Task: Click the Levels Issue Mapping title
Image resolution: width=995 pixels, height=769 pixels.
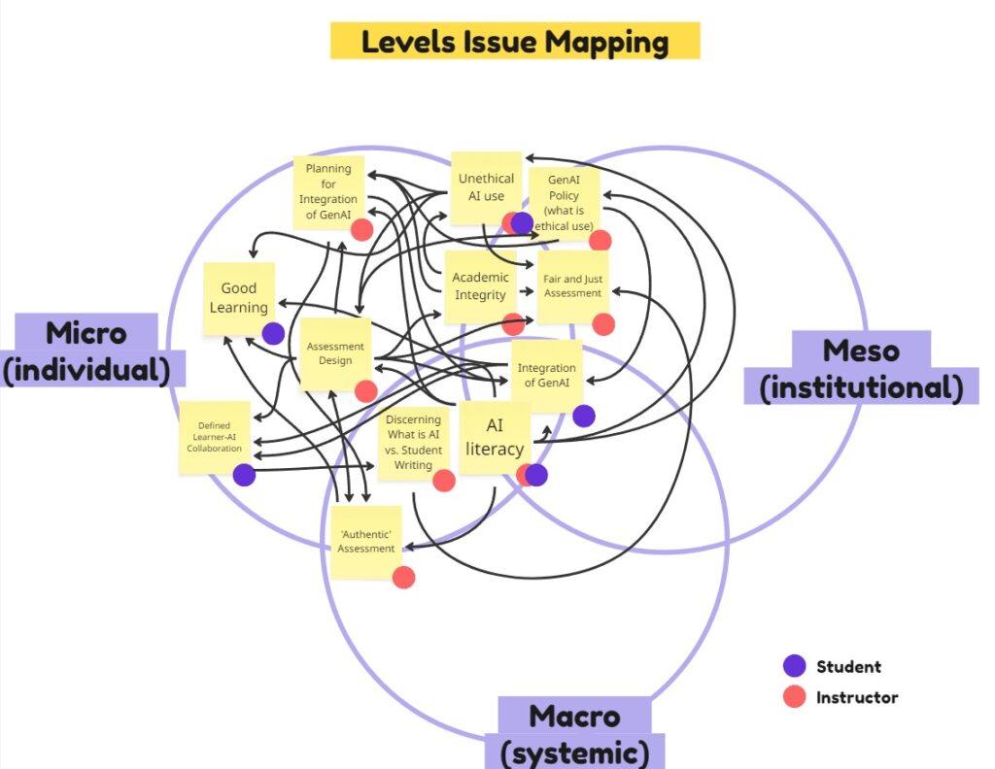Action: tap(515, 42)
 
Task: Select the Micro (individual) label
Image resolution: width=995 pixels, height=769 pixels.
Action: tap(86, 351)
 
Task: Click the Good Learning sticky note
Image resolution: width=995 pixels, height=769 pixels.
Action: tap(238, 297)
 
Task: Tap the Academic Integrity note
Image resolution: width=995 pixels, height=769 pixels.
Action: tap(480, 285)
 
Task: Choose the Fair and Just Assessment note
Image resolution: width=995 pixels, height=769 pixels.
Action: tap(572, 285)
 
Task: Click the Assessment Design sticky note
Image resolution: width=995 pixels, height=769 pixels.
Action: tap(335, 353)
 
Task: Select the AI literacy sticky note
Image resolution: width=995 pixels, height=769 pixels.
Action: tap(494, 438)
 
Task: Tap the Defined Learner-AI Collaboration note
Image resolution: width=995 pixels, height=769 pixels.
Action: tap(214, 436)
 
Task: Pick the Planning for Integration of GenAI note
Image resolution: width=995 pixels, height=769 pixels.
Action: tap(328, 191)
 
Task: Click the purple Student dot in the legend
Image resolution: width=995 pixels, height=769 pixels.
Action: tap(795, 666)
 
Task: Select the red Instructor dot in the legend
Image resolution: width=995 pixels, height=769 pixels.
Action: tap(795, 696)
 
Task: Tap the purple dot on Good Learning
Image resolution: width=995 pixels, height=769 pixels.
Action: tap(274, 333)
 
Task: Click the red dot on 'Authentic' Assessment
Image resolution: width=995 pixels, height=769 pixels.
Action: tap(404, 577)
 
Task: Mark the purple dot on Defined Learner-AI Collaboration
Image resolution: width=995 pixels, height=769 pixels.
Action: tap(244, 475)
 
